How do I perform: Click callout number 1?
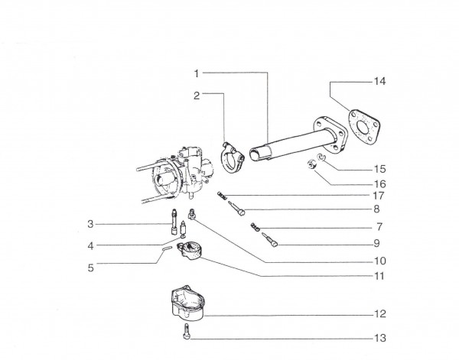[197, 73]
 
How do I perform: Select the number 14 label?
[380, 81]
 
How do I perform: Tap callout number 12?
[380, 314]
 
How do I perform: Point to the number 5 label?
[91, 268]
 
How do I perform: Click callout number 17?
[379, 196]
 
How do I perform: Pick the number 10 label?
[380, 261]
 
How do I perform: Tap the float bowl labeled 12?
[187, 303]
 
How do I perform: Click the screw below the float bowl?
[187, 332]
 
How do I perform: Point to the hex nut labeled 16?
[311, 164]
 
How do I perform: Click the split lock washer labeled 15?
[321, 157]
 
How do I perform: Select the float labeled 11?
[189, 251]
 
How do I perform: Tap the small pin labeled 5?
[167, 248]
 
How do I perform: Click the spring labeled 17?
[222, 196]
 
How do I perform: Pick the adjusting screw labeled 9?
[269, 240]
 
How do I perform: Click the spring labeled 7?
[255, 227]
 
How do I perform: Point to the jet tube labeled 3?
[174, 222]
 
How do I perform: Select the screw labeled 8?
[236, 208]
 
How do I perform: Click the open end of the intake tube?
[255, 154]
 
